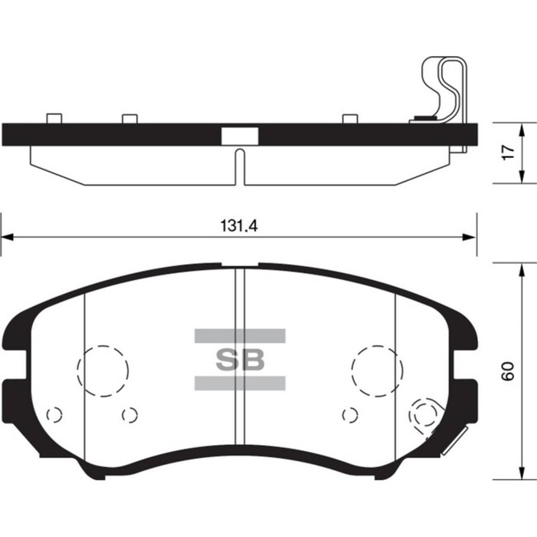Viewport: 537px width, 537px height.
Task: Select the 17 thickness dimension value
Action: (507, 152)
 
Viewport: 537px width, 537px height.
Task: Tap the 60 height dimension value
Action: (507, 374)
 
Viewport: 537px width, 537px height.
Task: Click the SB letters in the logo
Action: (239, 358)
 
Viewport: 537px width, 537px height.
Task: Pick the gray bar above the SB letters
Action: (239, 335)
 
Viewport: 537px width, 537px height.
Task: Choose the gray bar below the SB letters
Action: (239, 383)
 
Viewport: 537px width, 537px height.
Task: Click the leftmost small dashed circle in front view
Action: (54, 415)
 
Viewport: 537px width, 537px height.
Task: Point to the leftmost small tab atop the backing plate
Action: (54, 118)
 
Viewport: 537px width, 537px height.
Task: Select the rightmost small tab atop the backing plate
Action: (350, 118)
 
